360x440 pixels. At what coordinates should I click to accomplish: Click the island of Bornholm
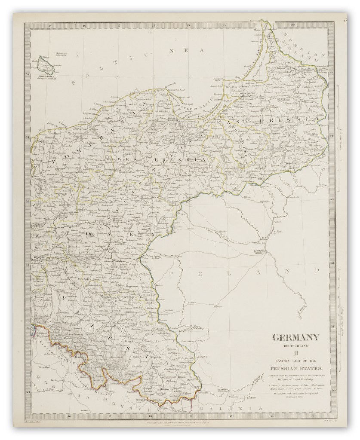click(x=45, y=65)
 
